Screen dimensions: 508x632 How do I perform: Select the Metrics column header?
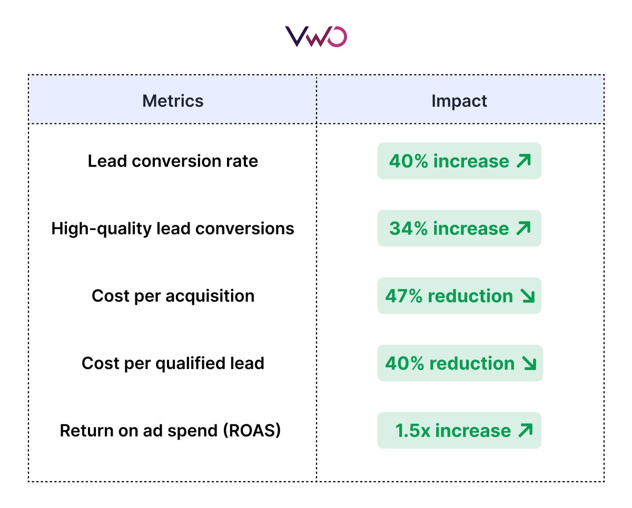173,101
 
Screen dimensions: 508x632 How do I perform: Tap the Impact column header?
459,101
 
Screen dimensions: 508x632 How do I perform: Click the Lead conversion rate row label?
173,161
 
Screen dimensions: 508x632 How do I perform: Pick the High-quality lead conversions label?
173,228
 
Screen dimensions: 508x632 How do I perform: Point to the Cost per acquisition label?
173,296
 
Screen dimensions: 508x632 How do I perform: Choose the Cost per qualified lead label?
173,363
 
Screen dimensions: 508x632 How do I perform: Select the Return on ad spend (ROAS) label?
170,431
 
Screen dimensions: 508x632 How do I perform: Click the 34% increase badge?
459,228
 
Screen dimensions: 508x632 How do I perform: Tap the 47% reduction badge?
459,296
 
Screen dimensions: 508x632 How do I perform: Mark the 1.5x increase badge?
459,431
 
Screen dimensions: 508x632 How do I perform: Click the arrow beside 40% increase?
524,161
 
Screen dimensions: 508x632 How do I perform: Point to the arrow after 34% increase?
524,228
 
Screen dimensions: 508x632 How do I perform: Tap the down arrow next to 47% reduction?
527,296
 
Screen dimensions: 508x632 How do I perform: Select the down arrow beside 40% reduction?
529,364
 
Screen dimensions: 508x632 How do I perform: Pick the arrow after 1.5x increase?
525,431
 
